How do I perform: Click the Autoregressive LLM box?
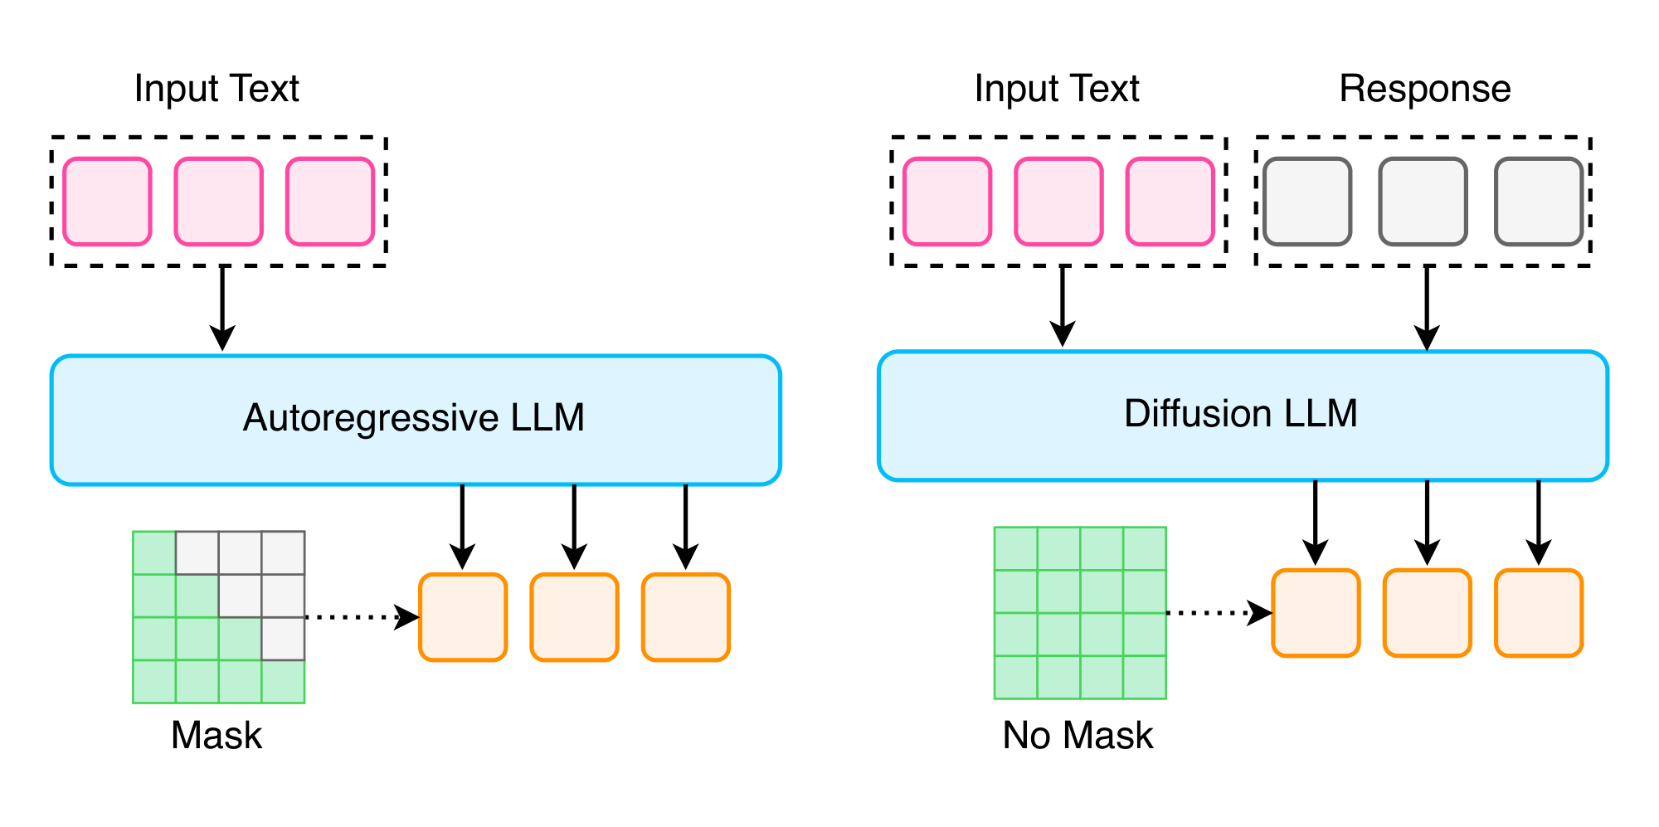(x=415, y=420)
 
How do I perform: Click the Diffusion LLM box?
(x=1242, y=415)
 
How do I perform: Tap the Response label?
(x=1424, y=89)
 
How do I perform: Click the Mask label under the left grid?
(x=216, y=736)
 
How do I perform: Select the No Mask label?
(x=1078, y=736)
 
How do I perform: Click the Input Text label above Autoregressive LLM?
(x=216, y=89)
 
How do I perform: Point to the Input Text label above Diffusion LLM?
(x=1057, y=89)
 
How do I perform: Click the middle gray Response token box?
(x=1423, y=202)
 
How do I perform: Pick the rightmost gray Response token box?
(x=1539, y=202)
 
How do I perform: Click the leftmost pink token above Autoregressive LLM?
(x=107, y=202)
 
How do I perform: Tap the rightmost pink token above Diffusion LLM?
(x=1170, y=202)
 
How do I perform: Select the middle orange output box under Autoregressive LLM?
(x=574, y=617)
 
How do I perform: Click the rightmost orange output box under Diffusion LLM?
(x=1539, y=613)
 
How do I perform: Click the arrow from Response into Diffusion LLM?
(x=1426, y=307)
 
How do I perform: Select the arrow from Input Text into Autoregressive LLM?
(x=221, y=307)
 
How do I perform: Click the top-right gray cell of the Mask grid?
(x=283, y=552)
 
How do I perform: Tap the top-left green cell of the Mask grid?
(x=154, y=552)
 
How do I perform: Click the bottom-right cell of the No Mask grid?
(x=1145, y=677)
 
